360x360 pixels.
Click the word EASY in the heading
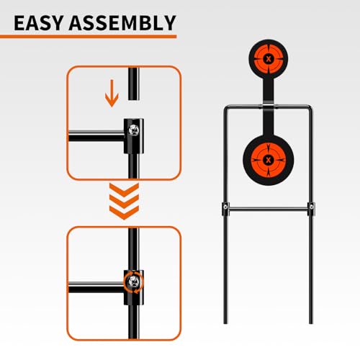[x=42, y=22]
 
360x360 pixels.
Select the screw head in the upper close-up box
[x=134, y=130]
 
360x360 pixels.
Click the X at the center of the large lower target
[x=269, y=159]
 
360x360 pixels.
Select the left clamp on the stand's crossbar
[x=225, y=211]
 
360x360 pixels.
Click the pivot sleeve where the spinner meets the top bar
[x=269, y=109]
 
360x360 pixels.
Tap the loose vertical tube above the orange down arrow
[x=131, y=83]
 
